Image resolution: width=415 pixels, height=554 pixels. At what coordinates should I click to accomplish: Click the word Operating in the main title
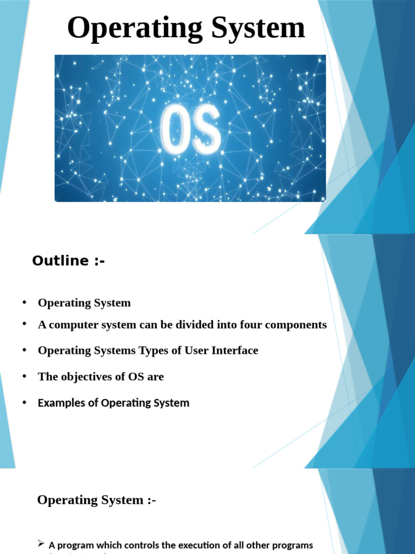[135, 28]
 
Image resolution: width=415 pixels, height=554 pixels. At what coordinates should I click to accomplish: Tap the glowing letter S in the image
[206, 129]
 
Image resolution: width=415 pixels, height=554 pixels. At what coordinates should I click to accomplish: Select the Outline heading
[68, 261]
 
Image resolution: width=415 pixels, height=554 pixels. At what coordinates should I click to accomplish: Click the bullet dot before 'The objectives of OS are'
[24, 376]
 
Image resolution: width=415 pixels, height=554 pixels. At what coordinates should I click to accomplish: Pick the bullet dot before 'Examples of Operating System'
[24, 402]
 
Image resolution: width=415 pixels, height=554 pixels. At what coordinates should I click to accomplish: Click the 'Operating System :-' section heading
[96, 500]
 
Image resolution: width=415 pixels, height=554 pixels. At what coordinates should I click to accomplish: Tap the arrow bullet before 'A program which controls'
[41, 544]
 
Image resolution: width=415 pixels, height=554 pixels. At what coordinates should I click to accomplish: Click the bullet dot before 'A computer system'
[24, 324]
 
